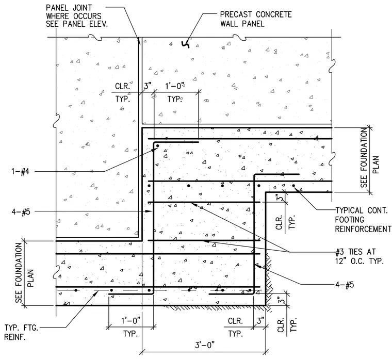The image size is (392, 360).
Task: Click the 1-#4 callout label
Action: (21, 172)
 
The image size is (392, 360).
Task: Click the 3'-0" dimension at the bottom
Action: (205, 345)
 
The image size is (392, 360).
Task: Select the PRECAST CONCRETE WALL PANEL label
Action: (256, 19)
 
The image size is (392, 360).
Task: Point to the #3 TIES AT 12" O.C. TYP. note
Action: (360, 256)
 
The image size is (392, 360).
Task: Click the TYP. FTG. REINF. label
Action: (22, 332)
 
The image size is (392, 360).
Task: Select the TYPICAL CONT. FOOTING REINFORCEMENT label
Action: (363, 220)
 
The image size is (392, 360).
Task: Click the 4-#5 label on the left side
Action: (21, 212)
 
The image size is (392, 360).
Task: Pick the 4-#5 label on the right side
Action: (345, 285)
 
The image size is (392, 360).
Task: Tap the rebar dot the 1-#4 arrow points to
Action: (158, 146)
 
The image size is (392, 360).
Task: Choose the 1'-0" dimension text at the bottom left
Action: (131, 320)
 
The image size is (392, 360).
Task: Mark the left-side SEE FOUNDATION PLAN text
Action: (24, 273)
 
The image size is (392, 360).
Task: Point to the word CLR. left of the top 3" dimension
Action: (123, 86)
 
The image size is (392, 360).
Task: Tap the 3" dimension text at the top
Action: (148, 86)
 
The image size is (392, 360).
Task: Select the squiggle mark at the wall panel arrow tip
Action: (186, 44)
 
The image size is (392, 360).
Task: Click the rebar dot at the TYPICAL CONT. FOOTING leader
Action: (294, 186)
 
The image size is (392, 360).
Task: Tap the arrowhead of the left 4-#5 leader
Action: (150, 211)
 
